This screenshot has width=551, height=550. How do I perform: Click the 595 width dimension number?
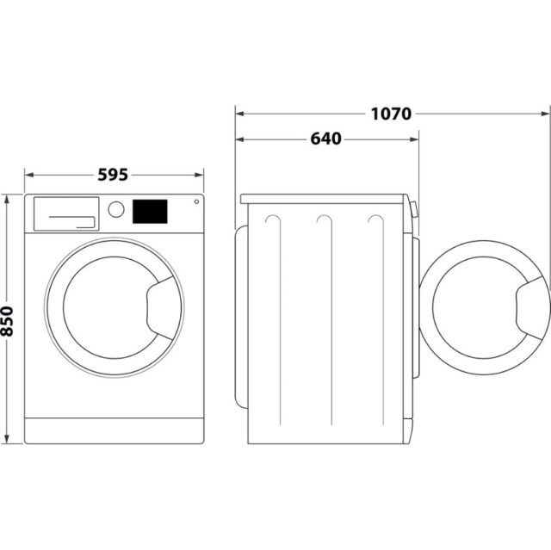tap(113, 175)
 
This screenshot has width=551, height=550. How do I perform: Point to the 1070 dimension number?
tap(392, 113)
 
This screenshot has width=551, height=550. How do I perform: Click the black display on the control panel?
tap(150, 211)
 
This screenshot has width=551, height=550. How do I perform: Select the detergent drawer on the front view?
tap(65, 213)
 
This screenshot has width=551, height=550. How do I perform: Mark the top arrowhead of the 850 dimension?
tap(9, 199)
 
